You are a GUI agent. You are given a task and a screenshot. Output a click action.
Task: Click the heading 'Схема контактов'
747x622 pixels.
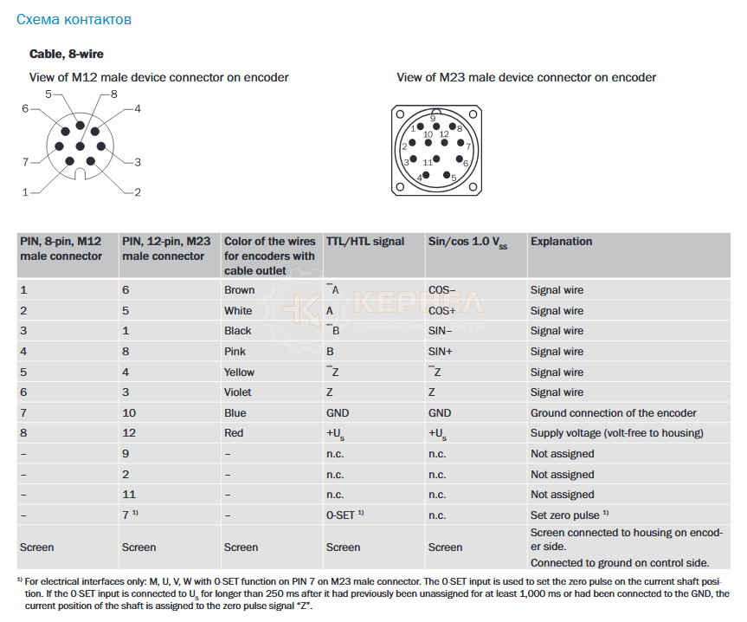tap(74, 18)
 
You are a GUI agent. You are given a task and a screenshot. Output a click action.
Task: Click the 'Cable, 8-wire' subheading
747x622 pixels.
tap(67, 54)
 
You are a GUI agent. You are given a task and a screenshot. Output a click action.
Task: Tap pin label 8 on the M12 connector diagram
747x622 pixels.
tap(114, 94)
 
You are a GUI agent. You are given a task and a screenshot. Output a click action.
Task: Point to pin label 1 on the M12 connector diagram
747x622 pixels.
tap(25, 191)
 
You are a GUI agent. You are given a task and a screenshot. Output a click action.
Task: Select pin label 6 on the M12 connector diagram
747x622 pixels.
tap(25, 108)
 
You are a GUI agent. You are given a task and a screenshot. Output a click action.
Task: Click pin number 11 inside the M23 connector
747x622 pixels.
tap(428, 163)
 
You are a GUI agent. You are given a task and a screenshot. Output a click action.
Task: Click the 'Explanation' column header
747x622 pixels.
tap(561, 242)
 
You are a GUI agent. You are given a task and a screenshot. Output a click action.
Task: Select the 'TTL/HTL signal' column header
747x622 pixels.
tap(365, 242)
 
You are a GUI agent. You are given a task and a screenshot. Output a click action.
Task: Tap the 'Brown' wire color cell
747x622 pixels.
tap(239, 290)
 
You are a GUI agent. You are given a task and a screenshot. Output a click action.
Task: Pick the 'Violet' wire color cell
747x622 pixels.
tap(239, 392)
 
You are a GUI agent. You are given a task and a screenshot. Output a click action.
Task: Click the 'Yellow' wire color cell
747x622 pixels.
tap(240, 373)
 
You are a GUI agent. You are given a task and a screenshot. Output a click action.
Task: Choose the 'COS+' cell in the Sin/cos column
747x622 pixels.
tap(442, 311)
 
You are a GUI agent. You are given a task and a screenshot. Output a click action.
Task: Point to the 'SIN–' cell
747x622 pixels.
tap(441, 331)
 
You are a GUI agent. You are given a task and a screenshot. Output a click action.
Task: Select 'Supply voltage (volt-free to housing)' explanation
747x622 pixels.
tap(616, 433)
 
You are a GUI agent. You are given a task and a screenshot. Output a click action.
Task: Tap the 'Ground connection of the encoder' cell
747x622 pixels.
tap(613, 413)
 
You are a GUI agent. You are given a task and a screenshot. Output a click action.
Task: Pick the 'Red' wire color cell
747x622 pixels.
tap(234, 433)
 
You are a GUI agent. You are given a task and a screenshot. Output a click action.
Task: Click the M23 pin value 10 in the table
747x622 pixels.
tap(129, 413)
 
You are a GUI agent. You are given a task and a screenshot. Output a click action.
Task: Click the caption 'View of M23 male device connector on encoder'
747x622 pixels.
tap(526, 77)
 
